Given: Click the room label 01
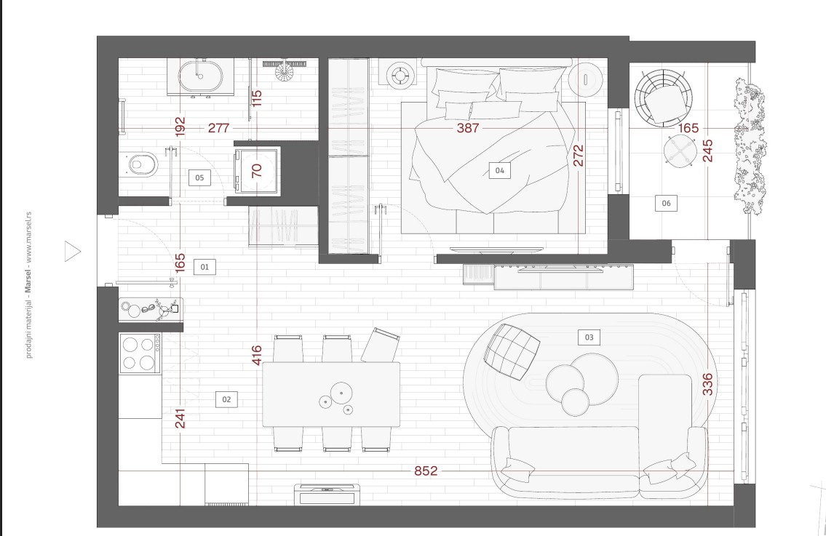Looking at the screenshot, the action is [204, 267].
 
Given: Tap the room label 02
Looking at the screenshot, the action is [226, 399].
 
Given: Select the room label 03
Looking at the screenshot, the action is [589, 337].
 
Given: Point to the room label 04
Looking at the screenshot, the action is [499, 171].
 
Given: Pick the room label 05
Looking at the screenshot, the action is [199, 178].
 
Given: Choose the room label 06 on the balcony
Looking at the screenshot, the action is [666, 203].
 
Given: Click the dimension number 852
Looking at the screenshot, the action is [426, 471].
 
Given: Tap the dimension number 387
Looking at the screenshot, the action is [468, 128].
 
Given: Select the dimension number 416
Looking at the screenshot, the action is [257, 356].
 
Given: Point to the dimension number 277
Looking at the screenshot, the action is [218, 128].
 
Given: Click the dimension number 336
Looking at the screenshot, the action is [707, 384].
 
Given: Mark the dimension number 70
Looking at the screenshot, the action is [257, 171].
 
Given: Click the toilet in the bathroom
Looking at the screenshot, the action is [138, 164].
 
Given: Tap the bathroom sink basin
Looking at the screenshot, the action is [200, 77].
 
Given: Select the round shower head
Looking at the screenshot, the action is [285, 71].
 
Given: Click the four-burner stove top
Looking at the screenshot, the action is [140, 354].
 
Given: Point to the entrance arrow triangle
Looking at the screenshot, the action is [73, 251].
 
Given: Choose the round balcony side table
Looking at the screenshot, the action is [680, 151].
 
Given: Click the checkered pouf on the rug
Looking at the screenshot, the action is [512, 352].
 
